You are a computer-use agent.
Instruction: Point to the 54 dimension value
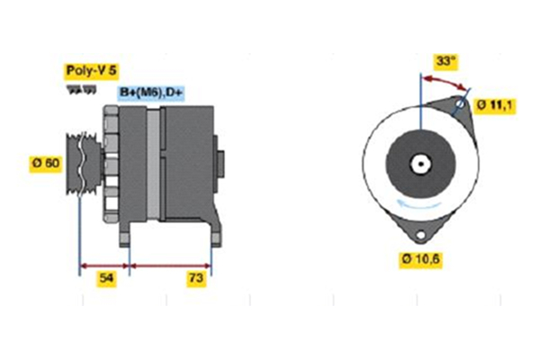click(105, 278)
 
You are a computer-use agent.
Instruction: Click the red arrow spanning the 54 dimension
click(104, 266)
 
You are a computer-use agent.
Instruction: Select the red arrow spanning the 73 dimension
click(171, 266)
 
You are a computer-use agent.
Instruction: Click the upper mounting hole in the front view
click(462, 105)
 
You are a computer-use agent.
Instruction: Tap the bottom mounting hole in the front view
click(418, 235)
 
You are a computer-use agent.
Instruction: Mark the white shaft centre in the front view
click(419, 165)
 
